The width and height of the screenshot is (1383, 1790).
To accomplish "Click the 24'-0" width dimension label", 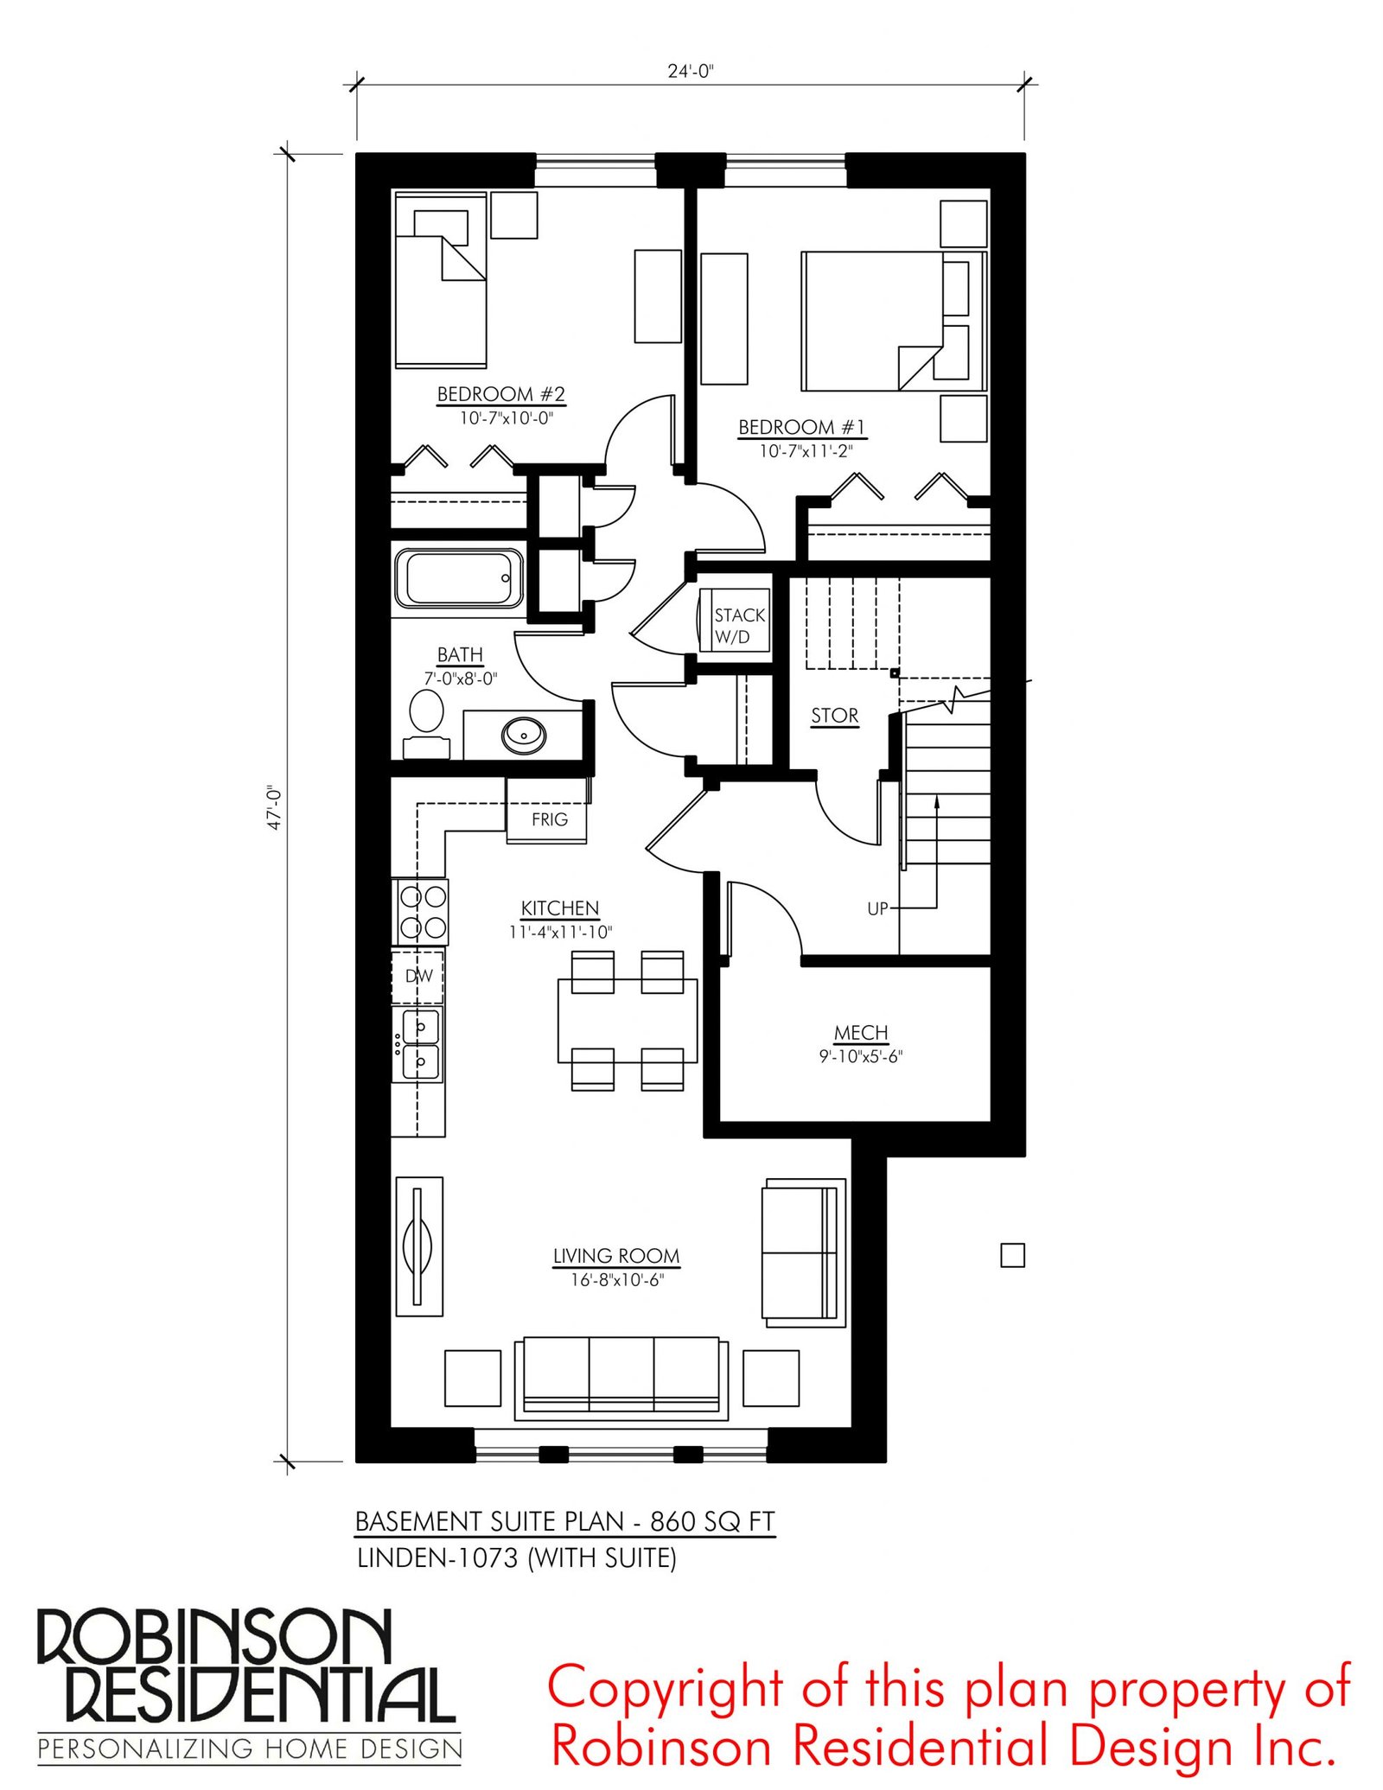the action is (690, 71).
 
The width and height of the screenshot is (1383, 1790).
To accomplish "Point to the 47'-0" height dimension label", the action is (275, 807).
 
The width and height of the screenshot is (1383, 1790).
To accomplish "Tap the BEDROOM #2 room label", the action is (501, 394).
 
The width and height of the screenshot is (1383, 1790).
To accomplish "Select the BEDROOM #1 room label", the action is (801, 427).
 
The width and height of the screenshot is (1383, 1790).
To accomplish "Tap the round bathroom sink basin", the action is (524, 736).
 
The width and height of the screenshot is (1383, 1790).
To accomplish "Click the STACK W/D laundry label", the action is (739, 626).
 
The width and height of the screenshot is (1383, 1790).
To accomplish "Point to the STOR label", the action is (834, 716).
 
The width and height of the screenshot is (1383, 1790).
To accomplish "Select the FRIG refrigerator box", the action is (546, 810).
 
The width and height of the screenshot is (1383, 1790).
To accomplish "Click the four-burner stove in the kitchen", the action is (421, 911).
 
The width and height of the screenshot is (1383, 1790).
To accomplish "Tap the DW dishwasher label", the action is (419, 976).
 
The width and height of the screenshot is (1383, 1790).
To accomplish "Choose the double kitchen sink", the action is (420, 1043).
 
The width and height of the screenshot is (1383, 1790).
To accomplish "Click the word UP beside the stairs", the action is (877, 908).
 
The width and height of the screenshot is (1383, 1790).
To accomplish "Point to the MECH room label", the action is (861, 1032).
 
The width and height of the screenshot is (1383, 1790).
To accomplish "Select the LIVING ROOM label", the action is (616, 1256).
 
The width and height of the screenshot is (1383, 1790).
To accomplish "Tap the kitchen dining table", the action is (628, 1021).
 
